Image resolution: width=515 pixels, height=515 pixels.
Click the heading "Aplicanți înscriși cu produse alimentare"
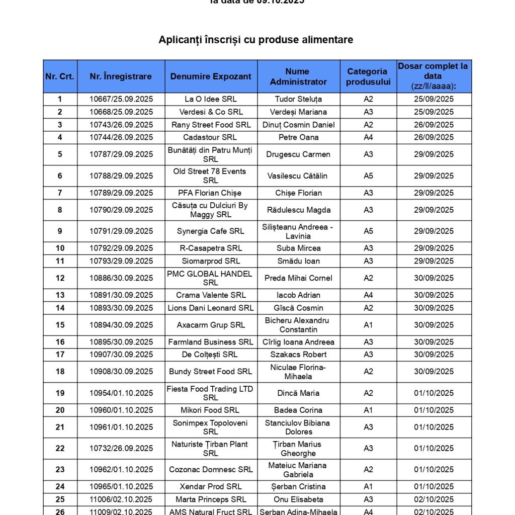coord(256,40)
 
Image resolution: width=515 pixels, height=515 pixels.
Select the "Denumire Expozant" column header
coord(211,76)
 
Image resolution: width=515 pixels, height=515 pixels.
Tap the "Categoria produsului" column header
coord(368,76)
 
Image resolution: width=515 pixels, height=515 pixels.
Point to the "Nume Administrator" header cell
coord(298,76)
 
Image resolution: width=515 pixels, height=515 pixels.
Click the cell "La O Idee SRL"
coord(211,99)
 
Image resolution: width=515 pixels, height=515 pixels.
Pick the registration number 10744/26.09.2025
coord(121,137)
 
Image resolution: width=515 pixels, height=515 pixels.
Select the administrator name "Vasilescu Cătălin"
coord(298,176)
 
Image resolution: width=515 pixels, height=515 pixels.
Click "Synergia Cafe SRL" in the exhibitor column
coord(211,231)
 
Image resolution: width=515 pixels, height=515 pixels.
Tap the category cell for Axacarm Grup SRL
coord(368,325)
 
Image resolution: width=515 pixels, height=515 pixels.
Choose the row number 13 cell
coord(60,295)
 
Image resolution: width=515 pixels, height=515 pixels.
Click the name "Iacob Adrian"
coord(298,295)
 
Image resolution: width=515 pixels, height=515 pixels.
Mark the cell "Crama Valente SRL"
coord(211,295)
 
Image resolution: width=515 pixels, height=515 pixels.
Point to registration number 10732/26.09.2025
coord(121,449)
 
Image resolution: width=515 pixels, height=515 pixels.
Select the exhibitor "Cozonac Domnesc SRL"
coord(211,470)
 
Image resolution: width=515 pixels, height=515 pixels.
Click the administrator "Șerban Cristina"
coord(298,487)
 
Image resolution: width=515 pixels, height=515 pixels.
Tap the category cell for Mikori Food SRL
coord(368,410)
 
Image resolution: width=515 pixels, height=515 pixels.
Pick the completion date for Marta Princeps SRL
coord(434,500)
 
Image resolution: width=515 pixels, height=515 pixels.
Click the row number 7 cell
coord(60,193)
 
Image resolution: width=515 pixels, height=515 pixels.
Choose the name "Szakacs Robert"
coord(298,355)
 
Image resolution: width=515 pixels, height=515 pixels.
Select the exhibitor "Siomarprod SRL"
coord(211,261)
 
